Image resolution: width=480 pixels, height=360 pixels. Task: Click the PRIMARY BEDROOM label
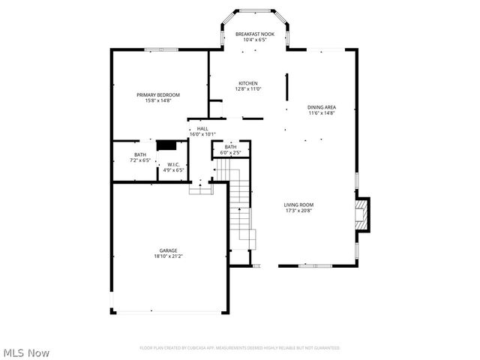pyautogui.click(x=157, y=94)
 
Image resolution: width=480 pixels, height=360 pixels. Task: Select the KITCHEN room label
pyautogui.click(x=248, y=83)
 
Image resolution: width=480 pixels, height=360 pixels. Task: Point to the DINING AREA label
pyautogui.click(x=321, y=107)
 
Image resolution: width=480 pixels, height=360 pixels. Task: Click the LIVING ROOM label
pyautogui.click(x=298, y=205)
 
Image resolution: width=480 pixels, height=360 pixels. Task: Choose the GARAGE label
pyautogui.click(x=168, y=250)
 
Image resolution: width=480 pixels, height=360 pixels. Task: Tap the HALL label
pyautogui.click(x=202, y=129)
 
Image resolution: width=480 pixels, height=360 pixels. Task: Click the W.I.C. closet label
pyautogui.click(x=174, y=164)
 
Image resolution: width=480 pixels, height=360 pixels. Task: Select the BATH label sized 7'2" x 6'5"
pyautogui.click(x=140, y=154)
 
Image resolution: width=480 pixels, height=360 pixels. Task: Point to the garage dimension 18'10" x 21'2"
pyautogui.click(x=168, y=256)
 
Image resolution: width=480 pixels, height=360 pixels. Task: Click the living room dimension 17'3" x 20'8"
pyautogui.click(x=298, y=211)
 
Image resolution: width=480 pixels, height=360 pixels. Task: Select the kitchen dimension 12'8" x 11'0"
pyautogui.click(x=248, y=89)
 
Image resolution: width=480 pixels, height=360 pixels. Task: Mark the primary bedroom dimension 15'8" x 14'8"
pyautogui.click(x=157, y=100)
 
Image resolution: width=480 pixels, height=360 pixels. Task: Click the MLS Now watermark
pyautogui.click(x=27, y=352)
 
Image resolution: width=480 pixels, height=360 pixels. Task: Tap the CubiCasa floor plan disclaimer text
pyautogui.click(x=240, y=348)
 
